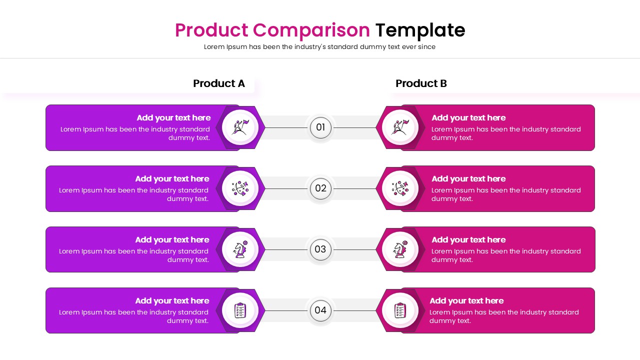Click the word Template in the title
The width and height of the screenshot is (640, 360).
tap(420, 30)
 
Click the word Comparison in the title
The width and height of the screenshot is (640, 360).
tap(311, 30)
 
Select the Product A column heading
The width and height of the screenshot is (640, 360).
tap(219, 83)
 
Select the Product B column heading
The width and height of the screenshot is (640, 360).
tap(421, 83)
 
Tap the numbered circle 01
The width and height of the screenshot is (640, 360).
tap(320, 127)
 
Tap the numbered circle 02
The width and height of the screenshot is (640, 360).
tap(320, 188)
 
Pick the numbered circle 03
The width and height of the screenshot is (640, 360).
tap(320, 249)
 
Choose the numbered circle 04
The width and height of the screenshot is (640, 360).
tap(320, 310)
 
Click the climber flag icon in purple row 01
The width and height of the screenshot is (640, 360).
tap(240, 127)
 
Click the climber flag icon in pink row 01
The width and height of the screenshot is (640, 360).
tap(400, 127)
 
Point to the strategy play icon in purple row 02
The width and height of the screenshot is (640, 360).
tap(240, 188)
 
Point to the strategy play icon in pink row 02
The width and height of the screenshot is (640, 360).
tap(400, 188)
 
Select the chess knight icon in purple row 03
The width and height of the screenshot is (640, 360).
tap(240, 249)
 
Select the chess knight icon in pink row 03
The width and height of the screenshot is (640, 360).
tap(400, 249)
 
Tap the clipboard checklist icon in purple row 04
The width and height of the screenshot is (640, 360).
tap(240, 310)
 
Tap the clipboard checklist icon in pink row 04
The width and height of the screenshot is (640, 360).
tap(400, 310)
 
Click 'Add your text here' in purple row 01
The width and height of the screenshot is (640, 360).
tap(173, 118)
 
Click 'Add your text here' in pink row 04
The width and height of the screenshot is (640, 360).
tap(466, 301)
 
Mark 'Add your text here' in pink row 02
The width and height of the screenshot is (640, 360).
tap(468, 179)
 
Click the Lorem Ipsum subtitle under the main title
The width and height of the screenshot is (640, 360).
tap(319, 47)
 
